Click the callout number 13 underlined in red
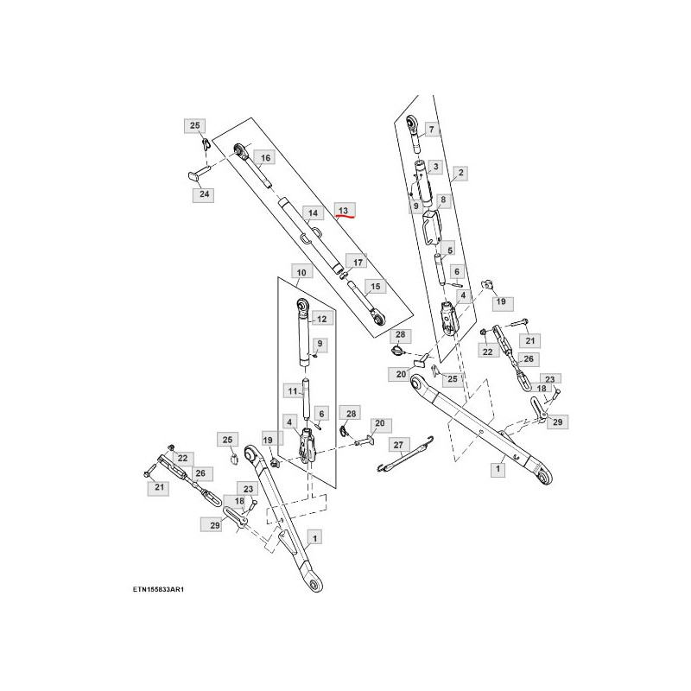click(344, 211)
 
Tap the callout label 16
click(265, 158)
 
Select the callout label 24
click(204, 193)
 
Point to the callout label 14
click(313, 213)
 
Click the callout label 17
click(358, 263)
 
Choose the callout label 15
click(375, 287)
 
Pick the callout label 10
click(301, 272)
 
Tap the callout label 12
click(321, 319)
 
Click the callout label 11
click(293, 391)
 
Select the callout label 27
click(398, 445)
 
